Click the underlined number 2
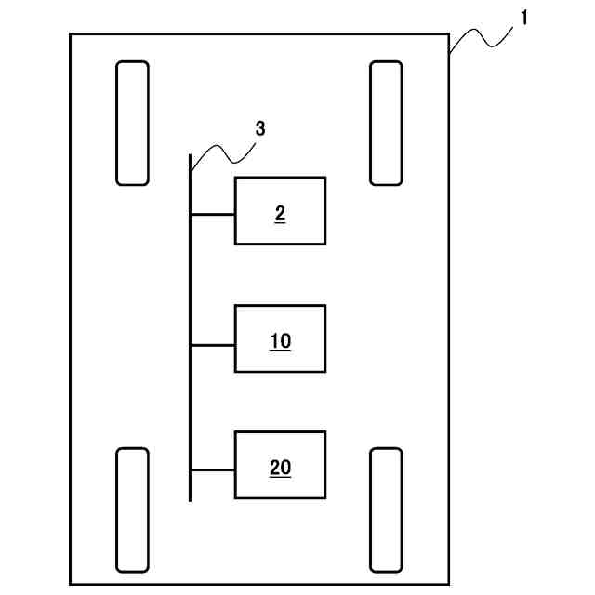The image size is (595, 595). tap(280, 214)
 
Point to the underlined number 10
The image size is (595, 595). tap(280, 341)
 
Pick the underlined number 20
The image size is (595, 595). tap(280, 468)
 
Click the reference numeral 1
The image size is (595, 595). tap(523, 17)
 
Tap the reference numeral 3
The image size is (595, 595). tap(260, 129)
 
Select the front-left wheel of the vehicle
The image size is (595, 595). tap(132, 123)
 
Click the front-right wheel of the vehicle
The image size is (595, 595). tap(386, 123)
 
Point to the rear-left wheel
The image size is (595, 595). tap(132, 509)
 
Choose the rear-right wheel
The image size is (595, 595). tap(386, 509)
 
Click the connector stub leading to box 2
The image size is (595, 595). tap(212, 214)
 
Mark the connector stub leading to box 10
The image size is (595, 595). tap(212, 344)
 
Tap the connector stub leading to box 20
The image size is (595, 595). tap(212, 469)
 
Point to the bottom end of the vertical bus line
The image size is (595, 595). tap(190, 499)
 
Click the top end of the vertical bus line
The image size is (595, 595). tap(190, 156)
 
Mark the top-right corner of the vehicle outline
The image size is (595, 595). tap(450, 35)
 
